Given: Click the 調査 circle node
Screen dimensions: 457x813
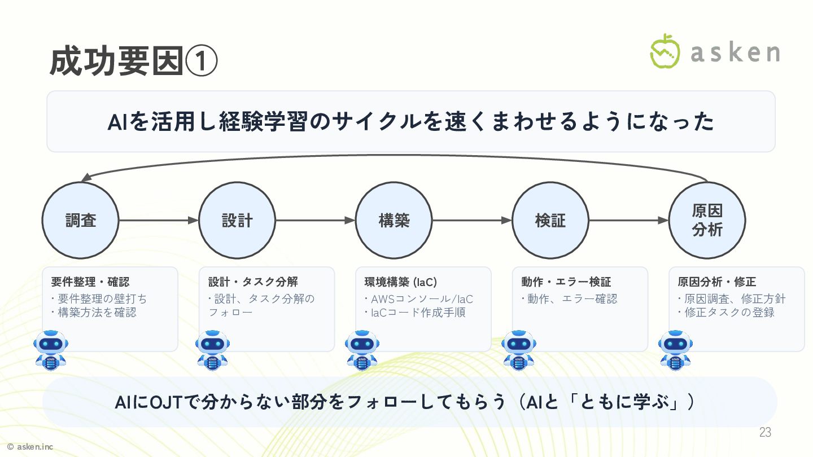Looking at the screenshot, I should tap(81, 220).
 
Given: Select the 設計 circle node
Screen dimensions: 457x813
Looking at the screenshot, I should tap(237, 220).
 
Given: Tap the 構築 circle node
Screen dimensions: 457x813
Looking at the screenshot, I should tap(394, 220).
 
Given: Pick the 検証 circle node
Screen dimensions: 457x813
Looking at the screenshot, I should tap(550, 220).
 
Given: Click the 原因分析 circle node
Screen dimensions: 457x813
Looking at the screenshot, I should tap(707, 220).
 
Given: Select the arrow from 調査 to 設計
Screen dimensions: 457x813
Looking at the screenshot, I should tap(159, 220).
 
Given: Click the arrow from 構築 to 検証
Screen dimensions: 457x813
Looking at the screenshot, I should tap(472, 220).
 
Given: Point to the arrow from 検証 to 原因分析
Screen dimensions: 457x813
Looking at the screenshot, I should tap(628, 220).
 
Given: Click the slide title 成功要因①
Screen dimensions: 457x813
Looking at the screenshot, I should tap(133, 62).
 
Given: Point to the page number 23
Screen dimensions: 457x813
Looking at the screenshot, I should tap(765, 433).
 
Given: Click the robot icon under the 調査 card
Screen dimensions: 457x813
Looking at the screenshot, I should tap(51, 350).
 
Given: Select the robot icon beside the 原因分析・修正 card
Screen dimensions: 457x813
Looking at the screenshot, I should tap(675, 350).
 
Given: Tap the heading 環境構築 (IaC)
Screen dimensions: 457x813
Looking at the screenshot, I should tap(401, 282).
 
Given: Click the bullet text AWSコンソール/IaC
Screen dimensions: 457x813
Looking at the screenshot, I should tap(422, 299).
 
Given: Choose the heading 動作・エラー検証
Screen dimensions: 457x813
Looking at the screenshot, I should tap(566, 282).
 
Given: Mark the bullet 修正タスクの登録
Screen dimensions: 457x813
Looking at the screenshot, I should tap(729, 313).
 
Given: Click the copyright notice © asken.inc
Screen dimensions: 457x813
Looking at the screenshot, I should tap(30, 447).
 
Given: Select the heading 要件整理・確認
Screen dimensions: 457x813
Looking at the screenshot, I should tap(90, 282).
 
